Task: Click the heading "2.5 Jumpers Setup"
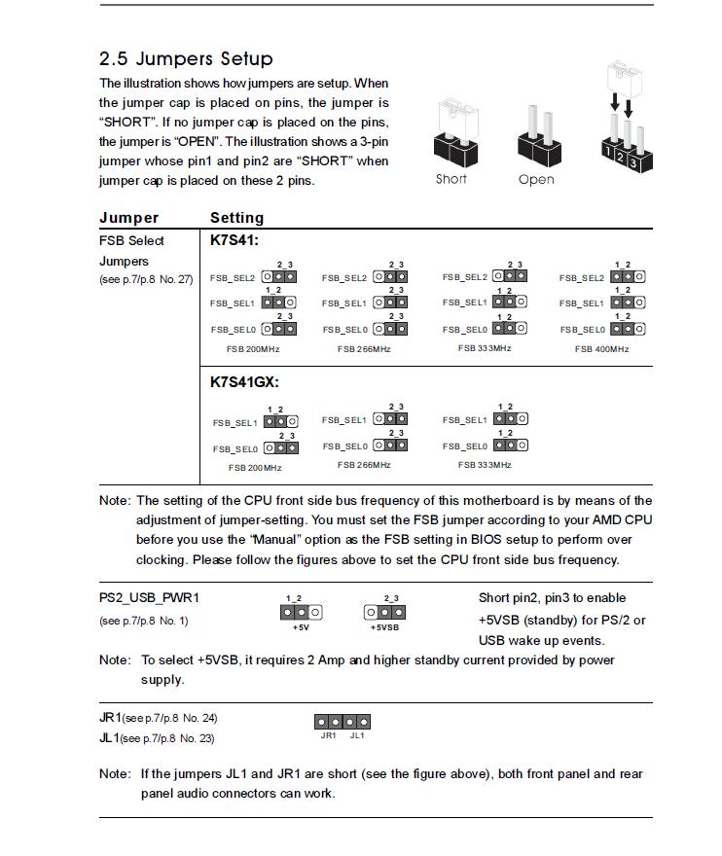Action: point(186,58)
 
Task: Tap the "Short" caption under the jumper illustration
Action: point(451,179)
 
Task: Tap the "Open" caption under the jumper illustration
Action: point(536,180)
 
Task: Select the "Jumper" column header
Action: point(128,218)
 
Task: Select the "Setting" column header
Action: point(236,218)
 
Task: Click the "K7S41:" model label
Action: point(235,240)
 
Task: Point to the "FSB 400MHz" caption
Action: point(601,349)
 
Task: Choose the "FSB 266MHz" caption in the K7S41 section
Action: point(364,349)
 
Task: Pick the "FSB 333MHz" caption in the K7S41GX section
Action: point(485,465)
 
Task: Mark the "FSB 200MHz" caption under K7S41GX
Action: point(255,468)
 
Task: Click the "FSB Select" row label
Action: point(131,240)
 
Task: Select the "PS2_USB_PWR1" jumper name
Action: point(149,597)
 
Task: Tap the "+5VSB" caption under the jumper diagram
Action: point(384,627)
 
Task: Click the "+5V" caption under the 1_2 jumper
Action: point(301,627)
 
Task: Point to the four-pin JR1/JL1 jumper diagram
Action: point(342,722)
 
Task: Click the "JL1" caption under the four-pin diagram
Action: point(357,735)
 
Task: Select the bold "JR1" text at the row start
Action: point(109,718)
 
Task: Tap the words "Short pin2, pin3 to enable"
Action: point(552,597)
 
